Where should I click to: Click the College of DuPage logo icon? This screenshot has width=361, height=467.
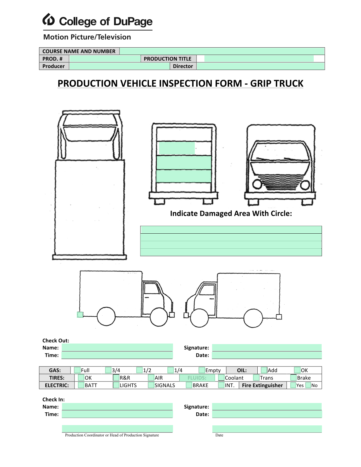(48, 20)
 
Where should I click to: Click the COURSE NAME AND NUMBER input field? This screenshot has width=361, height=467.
(222, 51)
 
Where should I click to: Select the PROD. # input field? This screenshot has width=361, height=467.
(105, 59)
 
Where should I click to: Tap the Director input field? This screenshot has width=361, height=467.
(260, 66)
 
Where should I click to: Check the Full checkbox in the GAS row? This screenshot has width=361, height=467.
(77, 370)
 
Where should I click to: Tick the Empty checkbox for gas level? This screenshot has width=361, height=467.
(201, 370)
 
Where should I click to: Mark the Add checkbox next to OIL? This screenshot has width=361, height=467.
(264, 370)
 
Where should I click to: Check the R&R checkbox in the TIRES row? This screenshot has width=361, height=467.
(116, 378)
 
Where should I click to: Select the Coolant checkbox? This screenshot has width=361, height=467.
(221, 378)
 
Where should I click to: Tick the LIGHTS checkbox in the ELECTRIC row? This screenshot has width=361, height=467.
(116, 385)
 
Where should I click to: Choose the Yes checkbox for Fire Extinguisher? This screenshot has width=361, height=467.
(293, 385)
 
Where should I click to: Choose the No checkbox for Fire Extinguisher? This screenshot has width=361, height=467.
(308, 385)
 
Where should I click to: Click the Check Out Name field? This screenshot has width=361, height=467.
(117, 347)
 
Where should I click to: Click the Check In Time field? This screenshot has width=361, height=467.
(117, 414)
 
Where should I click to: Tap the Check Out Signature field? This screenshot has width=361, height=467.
(267, 347)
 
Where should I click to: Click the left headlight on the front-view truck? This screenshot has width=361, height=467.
(257, 184)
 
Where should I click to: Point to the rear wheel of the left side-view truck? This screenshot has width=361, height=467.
(106, 316)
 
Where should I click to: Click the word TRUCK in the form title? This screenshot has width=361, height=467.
(288, 83)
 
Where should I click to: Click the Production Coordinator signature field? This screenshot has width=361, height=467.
(117, 428)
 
